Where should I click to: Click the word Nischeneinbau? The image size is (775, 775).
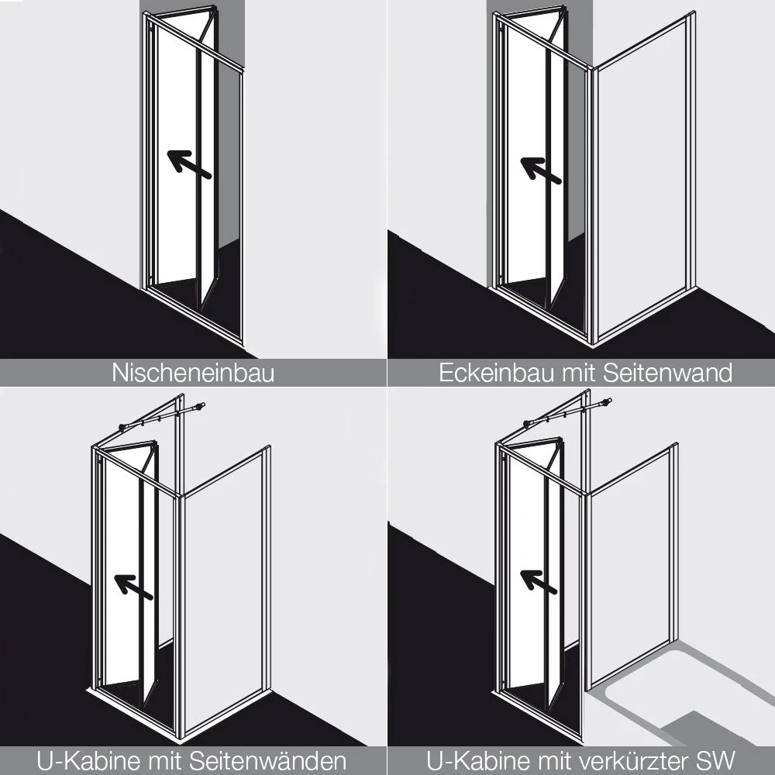tap(193, 374)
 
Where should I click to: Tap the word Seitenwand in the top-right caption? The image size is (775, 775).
tap(666, 374)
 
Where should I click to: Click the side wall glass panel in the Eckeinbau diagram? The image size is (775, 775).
tap(640, 186)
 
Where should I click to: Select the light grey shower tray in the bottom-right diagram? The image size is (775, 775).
tap(682, 690)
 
